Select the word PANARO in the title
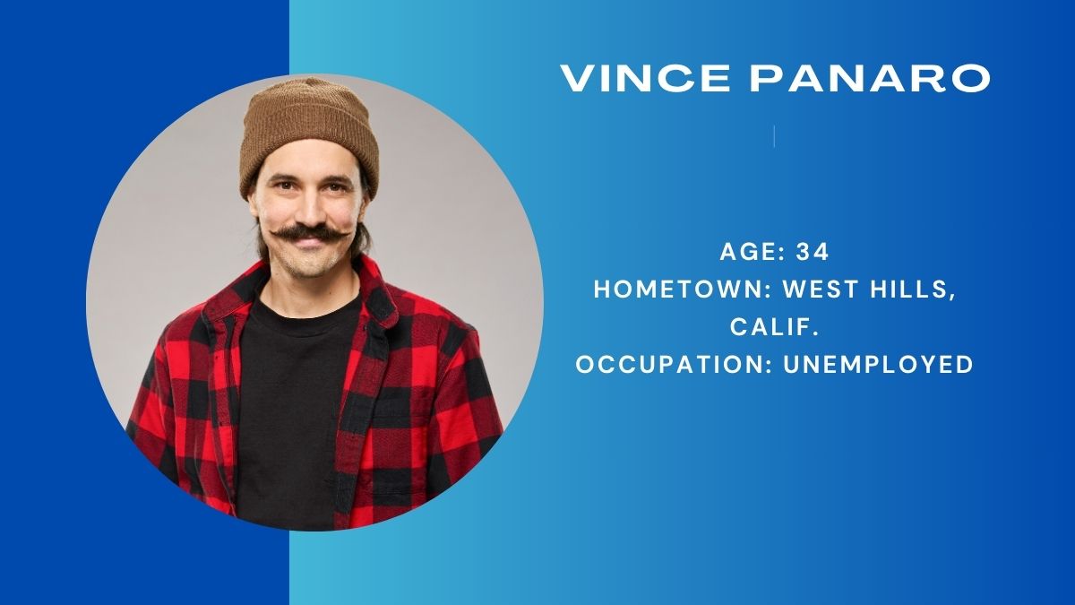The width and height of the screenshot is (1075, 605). tap(870, 78)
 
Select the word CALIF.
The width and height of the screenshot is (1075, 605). tap(774, 327)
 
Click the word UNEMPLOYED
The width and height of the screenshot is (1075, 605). tap(878, 365)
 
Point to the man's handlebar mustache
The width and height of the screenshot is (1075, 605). tap(310, 234)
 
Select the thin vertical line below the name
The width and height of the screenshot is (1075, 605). tap(775, 136)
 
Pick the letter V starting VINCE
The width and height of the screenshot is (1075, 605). tap(578, 78)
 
